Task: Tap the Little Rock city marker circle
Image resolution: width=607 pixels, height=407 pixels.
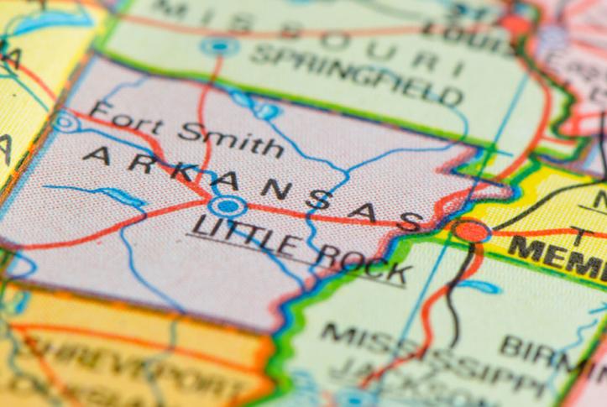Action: point(227,206)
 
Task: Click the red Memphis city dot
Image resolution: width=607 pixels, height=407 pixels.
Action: point(473,229)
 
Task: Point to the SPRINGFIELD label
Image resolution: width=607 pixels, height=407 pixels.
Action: point(357,74)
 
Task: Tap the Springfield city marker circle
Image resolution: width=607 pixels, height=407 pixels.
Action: point(220,46)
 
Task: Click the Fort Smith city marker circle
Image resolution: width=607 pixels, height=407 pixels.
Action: point(65,123)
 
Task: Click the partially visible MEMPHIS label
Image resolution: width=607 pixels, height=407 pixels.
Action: point(557,254)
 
